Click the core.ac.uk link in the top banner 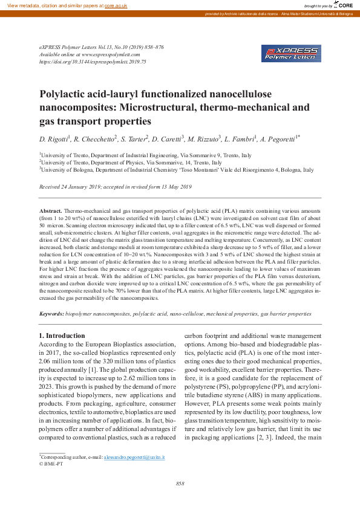(x=116, y=5)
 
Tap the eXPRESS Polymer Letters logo (x=291, y=53)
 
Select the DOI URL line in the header (x=93, y=62)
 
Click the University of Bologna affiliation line (x=177, y=170)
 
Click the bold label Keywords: (x=51, y=314)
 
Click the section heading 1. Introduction (x=62, y=336)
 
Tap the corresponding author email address (x=134, y=458)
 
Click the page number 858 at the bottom (x=180, y=484)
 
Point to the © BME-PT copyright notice (x=51, y=464)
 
